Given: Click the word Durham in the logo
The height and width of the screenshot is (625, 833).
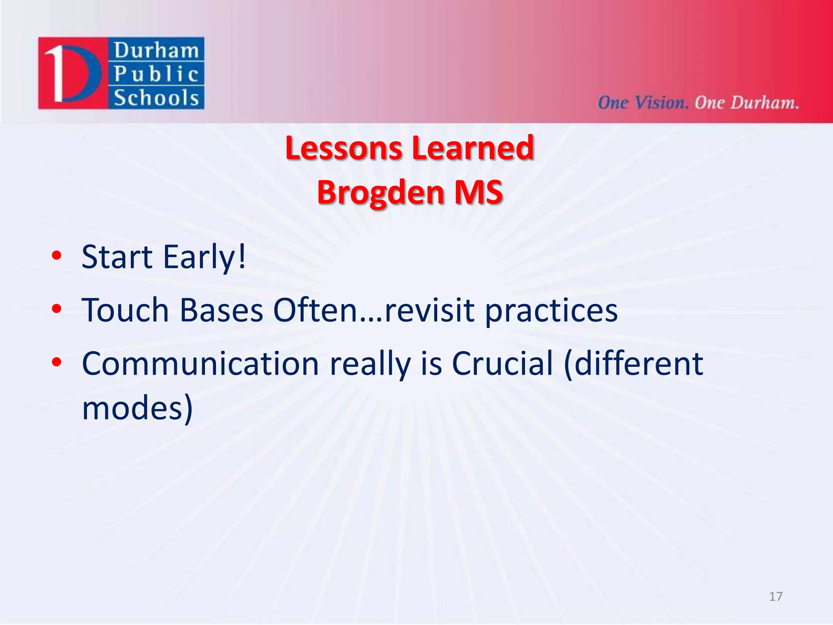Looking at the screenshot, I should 156,51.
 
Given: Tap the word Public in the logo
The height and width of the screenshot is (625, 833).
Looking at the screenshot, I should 156,74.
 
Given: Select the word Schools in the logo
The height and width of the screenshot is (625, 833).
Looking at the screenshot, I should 156,98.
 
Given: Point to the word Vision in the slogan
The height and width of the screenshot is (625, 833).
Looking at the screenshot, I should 661,103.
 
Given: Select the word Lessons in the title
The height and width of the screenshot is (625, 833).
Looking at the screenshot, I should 344,148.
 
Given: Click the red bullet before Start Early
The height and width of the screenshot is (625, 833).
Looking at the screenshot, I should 57,256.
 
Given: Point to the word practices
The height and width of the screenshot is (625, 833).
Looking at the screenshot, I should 551,311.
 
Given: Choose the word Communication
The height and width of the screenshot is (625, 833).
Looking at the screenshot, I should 200,363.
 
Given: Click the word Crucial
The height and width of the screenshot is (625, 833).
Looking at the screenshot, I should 502,363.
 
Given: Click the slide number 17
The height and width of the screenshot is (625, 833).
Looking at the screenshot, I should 776,597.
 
